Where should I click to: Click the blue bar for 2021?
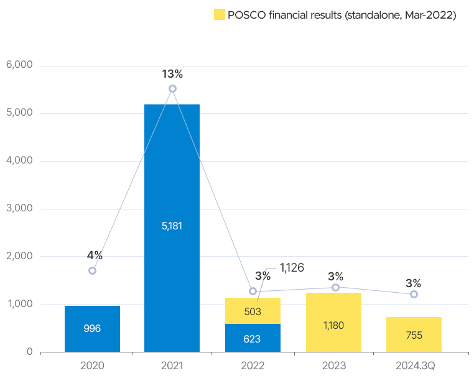(172, 227)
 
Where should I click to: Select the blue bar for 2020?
(92, 328)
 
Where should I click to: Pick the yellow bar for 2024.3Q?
(414, 334)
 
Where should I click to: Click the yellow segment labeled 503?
(253, 311)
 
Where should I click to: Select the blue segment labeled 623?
(253, 338)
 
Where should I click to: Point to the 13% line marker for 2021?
(172, 88)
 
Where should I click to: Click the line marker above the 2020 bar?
(92, 270)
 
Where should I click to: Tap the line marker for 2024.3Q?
(414, 294)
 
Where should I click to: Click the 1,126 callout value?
(292, 268)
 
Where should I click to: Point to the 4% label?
(95, 255)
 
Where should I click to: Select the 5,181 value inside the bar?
(172, 226)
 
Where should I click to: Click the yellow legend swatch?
(218, 15)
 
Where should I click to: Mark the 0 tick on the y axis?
(29, 352)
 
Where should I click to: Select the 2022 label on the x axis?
(253, 366)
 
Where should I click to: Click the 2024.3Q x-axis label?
(414, 366)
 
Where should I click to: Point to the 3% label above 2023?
(335, 277)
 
